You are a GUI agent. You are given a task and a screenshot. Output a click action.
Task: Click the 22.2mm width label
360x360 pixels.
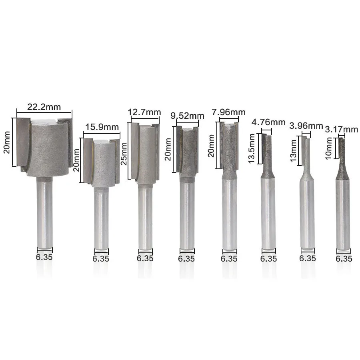[x=44, y=107]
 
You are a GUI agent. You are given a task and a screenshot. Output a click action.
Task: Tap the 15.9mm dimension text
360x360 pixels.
[x=102, y=127]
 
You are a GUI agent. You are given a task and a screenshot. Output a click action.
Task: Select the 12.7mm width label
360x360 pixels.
[x=144, y=112]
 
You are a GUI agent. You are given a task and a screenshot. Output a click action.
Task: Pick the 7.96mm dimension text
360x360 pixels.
[x=229, y=112]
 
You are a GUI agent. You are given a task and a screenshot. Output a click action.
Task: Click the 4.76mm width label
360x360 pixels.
[x=268, y=122]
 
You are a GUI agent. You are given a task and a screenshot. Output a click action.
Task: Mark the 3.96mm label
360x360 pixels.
[x=306, y=126]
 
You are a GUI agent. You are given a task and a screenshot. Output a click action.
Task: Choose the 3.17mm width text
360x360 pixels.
[x=342, y=129]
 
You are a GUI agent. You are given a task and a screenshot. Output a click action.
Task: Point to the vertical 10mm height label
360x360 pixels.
[x=329, y=150]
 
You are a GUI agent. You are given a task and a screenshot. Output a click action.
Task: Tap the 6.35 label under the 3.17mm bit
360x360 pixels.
[x=344, y=259]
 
